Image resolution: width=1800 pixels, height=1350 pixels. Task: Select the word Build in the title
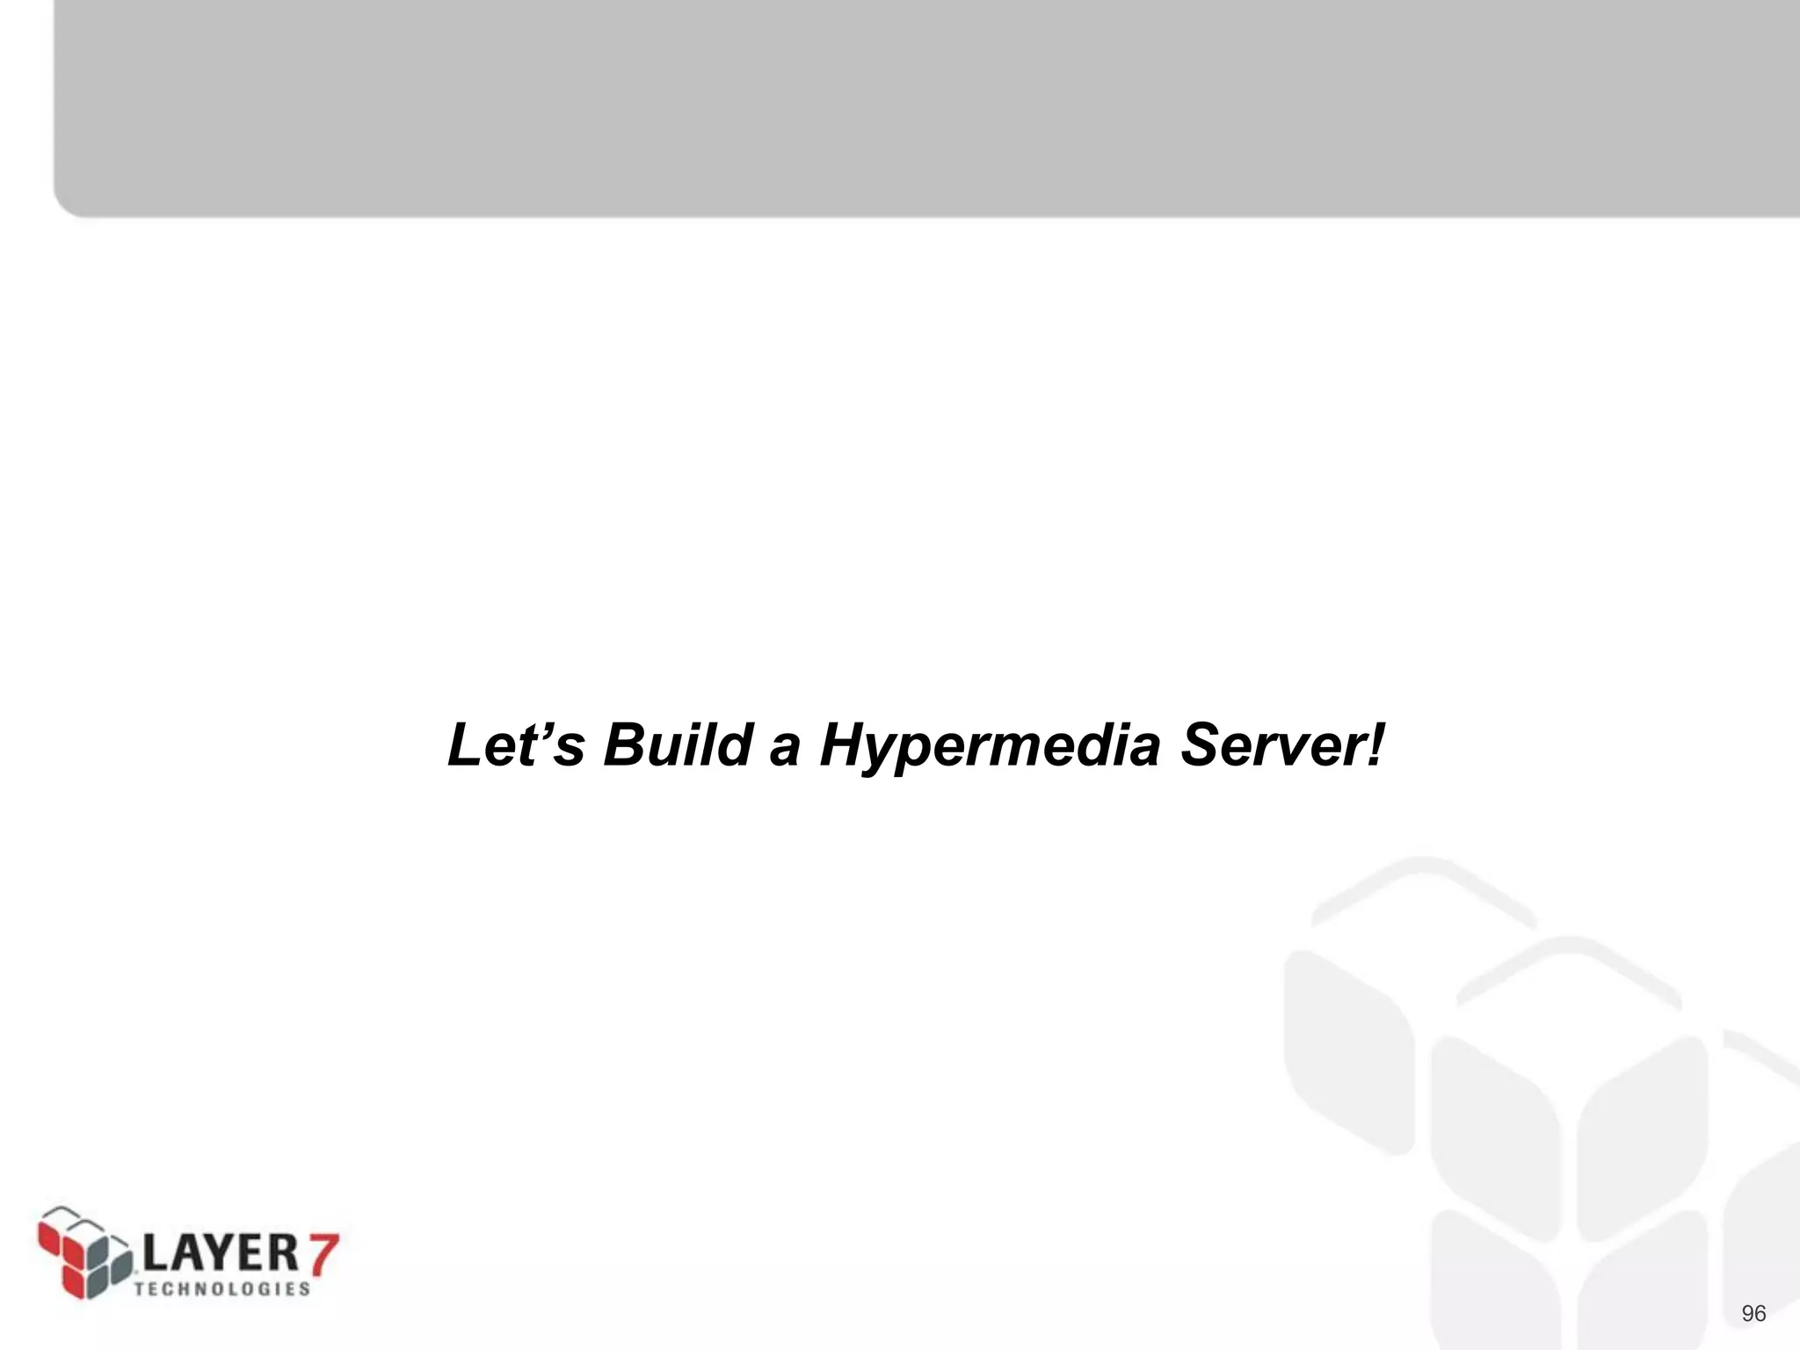678,745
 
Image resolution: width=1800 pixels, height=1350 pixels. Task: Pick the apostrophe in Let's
539,729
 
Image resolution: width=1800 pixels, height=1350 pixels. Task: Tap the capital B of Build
627,745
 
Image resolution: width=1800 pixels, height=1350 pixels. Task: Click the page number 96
1753,1314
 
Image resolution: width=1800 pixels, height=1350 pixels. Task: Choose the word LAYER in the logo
221,1252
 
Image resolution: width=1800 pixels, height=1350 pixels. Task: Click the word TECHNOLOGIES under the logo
221,1288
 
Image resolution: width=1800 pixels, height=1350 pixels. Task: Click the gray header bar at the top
923,105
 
